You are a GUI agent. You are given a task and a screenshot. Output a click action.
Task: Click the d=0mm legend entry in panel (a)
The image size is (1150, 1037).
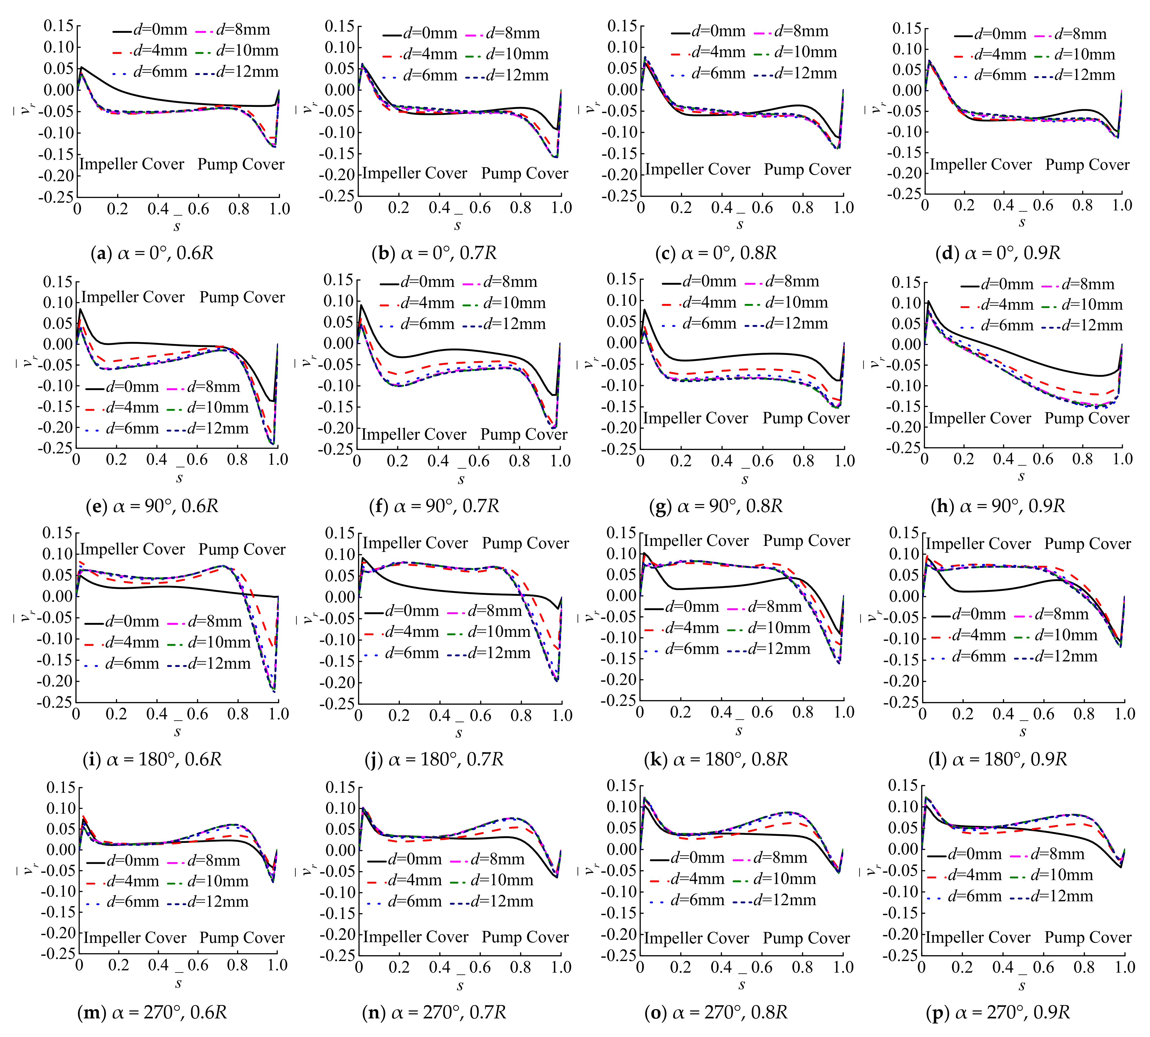click(151, 30)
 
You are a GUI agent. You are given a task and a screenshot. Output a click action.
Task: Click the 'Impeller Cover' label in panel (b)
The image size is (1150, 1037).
click(414, 173)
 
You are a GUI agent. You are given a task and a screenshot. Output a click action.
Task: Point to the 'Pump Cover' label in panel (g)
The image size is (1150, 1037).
click(806, 418)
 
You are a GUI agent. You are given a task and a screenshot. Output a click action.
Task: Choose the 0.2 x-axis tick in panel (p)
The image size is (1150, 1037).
click(962, 967)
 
